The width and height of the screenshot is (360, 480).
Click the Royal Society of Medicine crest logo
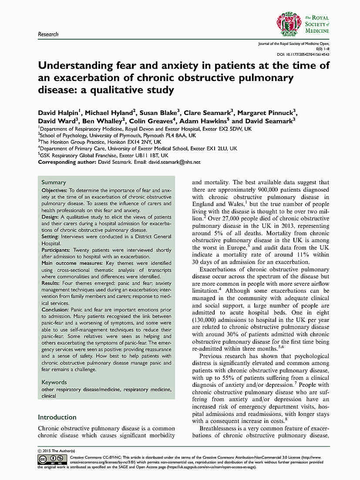[289, 24]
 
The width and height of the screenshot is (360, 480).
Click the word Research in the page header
[48, 34]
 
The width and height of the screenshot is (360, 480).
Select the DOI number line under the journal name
[303, 55]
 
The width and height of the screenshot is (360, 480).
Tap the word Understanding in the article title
[74, 66]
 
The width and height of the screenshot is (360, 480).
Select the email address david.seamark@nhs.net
[174, 162]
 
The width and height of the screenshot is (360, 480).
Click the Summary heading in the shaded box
[54, 183]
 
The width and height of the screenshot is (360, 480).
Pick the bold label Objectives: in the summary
[54, 191]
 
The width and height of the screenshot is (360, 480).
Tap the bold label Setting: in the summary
[50, 237]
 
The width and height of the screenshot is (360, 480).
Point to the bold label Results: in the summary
[52, 282]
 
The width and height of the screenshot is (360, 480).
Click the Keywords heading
[54, 382]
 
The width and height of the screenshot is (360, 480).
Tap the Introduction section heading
[57, 417]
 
